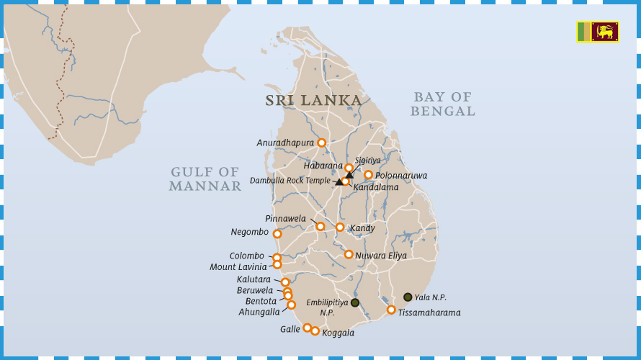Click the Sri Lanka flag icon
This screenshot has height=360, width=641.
point(597,32)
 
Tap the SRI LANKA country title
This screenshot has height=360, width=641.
point(313,101)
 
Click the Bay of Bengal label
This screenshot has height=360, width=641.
point(442,104)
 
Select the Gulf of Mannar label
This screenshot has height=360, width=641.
point(205,179)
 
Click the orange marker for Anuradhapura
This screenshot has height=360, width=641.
point(321,143)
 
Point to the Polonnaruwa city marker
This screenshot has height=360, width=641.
point(368,175)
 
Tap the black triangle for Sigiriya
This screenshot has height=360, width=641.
point(349,175)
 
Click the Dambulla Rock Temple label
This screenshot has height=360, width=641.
point(290,181)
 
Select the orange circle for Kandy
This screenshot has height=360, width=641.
point(340,228)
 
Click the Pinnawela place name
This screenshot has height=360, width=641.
point(285,219)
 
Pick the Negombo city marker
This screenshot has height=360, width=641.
point(277,234)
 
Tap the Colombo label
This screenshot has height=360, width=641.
point(246,256)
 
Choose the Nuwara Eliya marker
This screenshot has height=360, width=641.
point(349,254)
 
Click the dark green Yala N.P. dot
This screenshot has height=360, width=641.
point(408,297)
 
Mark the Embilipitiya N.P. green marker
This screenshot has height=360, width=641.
point(355,302)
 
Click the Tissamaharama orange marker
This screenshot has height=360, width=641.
point(391,310)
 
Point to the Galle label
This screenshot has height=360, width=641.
point(290,330)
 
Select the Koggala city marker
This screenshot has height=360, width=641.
point(315,331)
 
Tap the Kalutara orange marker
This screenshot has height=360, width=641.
point(285,282)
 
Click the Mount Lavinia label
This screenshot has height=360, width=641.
point(238,267)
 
